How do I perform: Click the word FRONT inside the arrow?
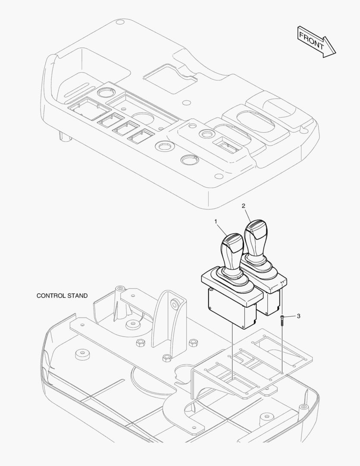[311, 41]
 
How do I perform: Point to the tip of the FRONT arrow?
[336, 53]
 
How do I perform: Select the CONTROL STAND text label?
[62, 296]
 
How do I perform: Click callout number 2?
[243, 206]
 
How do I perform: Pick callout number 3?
[298, 316]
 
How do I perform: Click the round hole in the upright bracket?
[174, 304]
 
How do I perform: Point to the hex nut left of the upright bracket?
[140, 343]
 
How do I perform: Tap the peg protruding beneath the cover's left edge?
[65, 137]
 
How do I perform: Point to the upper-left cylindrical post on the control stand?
[120, 289]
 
